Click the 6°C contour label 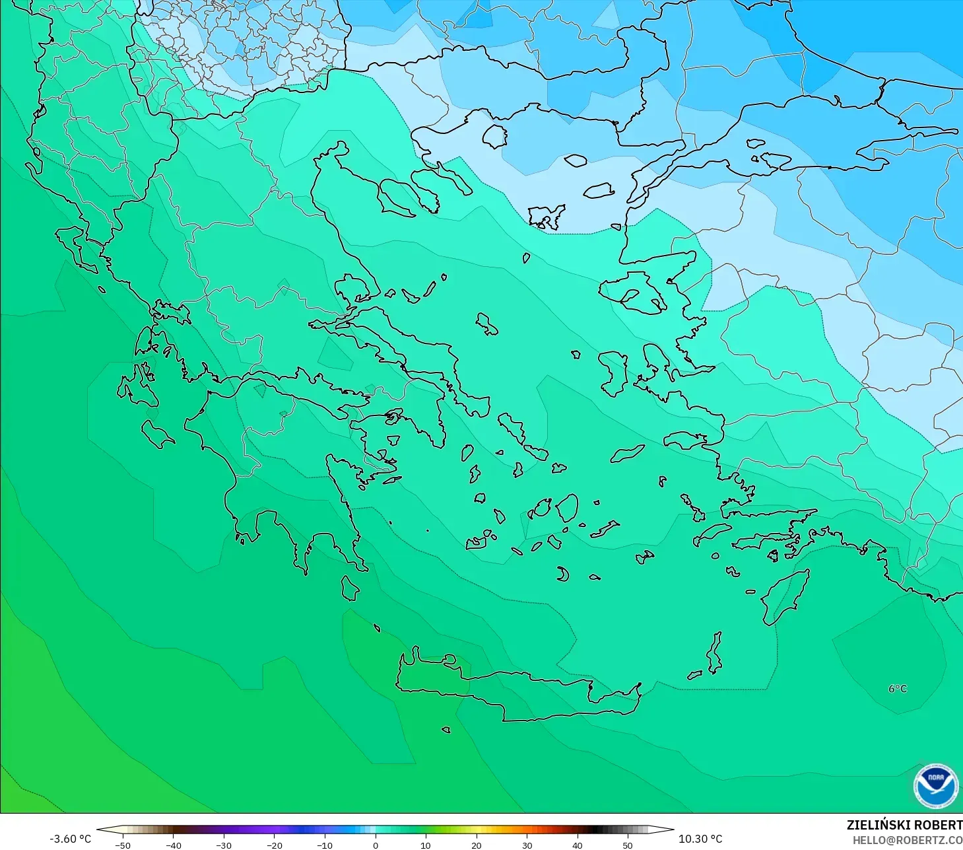(x=897, y=689)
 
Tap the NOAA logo (x=935, y=786)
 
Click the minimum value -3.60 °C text (x=70, y=839)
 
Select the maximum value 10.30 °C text (x=700, y=839)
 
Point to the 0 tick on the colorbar (x=375, y=845)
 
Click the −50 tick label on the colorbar (x=122, y=845)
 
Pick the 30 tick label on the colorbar (x=527, y=845)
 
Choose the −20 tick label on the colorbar (x=274, y=845)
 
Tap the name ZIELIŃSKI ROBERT (x=904, y=825)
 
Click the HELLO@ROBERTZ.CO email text (x=907, y=840)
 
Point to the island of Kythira (x=350, y=588)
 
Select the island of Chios (x=613, y=372)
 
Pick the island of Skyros (x=487, y=324)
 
